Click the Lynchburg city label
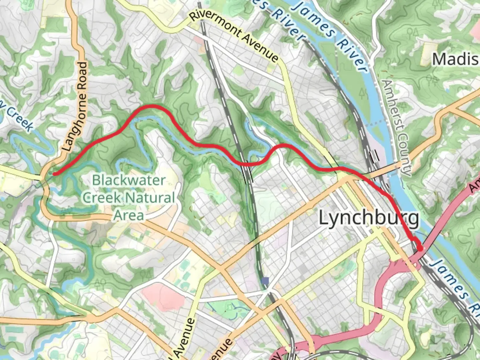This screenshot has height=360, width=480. coord(369,218)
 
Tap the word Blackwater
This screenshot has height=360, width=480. coord(129,180)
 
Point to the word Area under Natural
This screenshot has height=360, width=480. coord(129,215)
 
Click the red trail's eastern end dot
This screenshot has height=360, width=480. coord(420,248)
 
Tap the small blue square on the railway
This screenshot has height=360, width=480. coord(265,281)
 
